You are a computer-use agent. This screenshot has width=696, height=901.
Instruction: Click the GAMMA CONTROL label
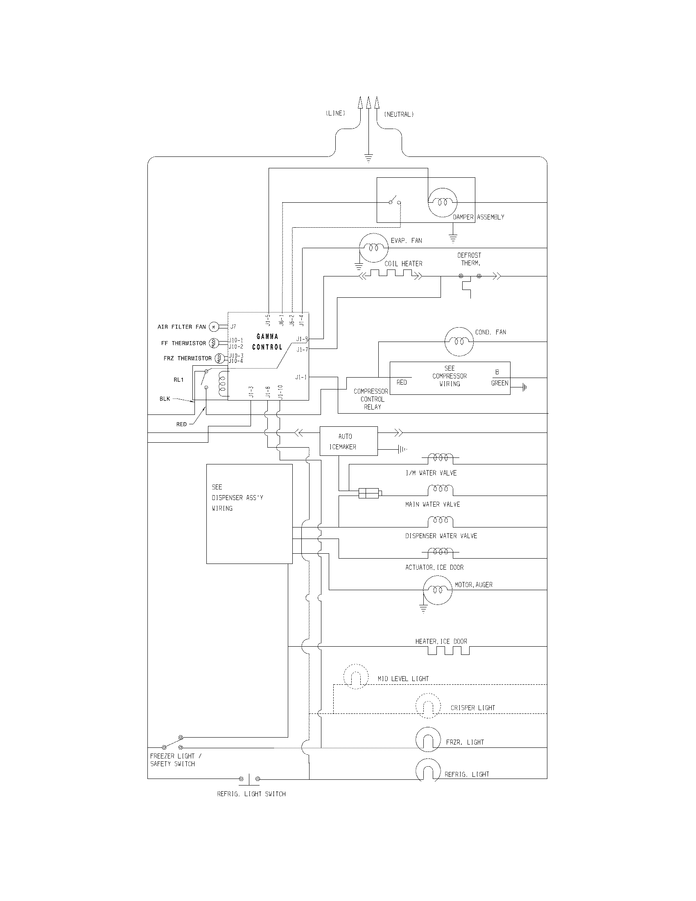coord(267,342)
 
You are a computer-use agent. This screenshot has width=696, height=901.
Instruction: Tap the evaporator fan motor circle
coord(373,247)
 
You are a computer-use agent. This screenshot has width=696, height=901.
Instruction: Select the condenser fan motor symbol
coord(459,342)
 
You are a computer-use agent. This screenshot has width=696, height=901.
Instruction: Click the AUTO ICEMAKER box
coord(348,441)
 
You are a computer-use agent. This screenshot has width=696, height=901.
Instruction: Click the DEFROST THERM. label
coord(469,259)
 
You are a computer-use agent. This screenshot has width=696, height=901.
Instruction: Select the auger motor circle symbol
coord(438,590)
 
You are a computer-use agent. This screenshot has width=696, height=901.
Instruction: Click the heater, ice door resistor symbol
coord(448,651)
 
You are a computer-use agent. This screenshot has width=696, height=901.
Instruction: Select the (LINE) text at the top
coord(335,113)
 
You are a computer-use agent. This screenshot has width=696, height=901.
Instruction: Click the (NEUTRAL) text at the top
coord(399,114)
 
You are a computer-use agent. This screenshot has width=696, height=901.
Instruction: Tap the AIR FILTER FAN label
coord(181,327)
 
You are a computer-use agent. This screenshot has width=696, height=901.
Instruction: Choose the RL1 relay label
coord(179,380)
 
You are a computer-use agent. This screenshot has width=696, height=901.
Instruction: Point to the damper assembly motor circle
coord(443,202)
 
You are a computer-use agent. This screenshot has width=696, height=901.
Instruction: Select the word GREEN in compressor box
coord(499,383)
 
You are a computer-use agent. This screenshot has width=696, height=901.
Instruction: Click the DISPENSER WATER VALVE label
coord(441,536)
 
